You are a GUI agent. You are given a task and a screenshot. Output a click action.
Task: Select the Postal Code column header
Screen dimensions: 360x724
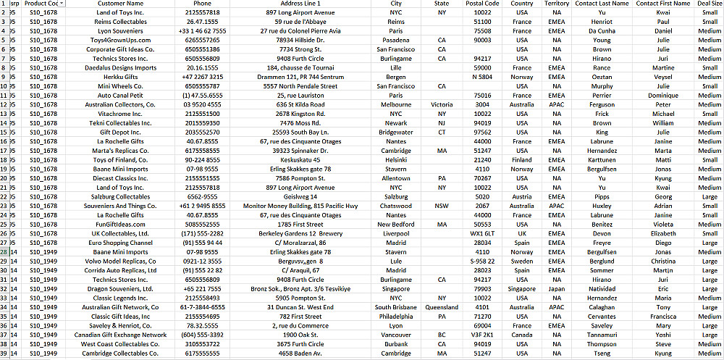tap(482, 4)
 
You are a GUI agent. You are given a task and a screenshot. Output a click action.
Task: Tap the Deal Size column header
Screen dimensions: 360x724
tap(709, 4)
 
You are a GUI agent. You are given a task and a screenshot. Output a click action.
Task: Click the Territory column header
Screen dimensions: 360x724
tap(557, 4)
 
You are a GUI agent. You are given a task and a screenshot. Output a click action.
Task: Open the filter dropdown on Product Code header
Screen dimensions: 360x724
tap(62, 4)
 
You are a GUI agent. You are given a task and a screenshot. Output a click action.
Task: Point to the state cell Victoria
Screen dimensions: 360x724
tap(442, 104)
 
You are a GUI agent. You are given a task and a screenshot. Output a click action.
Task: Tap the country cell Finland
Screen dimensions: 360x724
tap(522, 160)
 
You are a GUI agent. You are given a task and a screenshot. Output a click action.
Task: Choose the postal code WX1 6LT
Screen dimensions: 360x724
tap(482, 234)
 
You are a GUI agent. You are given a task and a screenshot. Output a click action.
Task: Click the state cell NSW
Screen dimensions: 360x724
tap(442, 206)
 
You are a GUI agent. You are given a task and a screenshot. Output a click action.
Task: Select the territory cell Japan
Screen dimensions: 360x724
tap(557, 289)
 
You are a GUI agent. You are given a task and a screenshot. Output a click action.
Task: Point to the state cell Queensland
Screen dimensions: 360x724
tap(442, 307)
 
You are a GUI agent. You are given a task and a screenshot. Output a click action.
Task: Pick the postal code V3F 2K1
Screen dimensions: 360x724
tap(482, 335)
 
